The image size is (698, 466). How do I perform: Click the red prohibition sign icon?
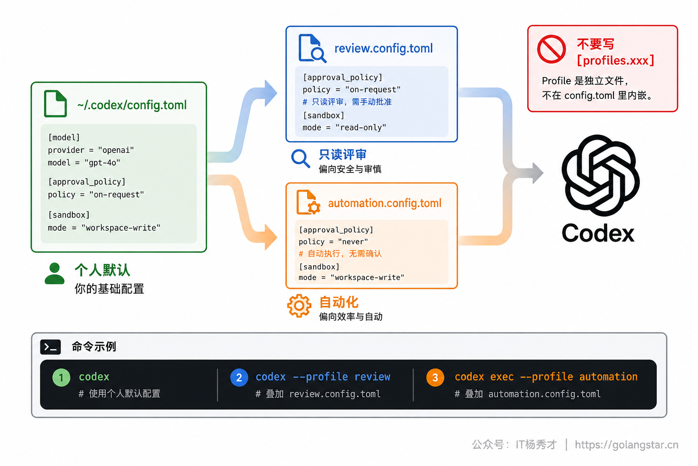[551, 49]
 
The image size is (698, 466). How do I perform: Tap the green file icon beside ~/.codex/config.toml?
[55, 104]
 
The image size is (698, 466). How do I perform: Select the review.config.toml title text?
[384, 48]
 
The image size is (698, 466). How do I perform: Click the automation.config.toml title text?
[385, 203]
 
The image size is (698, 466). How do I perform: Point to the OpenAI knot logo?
[600, 175]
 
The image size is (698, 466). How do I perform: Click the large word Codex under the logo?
[598, 233]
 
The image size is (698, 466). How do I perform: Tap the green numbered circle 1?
[61, 378]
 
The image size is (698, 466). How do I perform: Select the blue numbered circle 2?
[239, 378]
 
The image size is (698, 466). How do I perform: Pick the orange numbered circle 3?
[435, 378]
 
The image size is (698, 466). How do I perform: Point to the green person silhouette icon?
[55, 274]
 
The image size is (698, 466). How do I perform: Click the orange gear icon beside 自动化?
[299, 306]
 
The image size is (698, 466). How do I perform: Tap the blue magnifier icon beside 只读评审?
[301, 158]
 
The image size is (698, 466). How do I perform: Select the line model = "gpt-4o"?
[84, 163]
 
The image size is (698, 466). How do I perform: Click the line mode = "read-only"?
[344, 128]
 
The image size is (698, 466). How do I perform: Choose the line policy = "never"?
[333, 242]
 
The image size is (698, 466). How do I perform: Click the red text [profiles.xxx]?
[615, 61]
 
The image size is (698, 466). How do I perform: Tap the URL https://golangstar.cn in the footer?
[627, 445]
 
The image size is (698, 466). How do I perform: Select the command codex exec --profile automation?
[546, 377]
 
